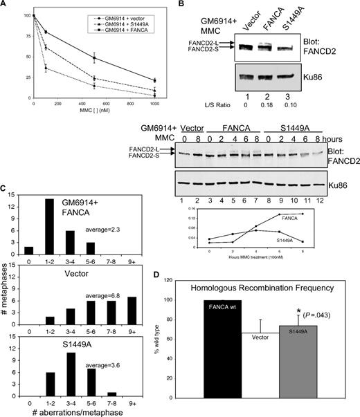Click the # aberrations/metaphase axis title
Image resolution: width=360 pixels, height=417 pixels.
77,413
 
